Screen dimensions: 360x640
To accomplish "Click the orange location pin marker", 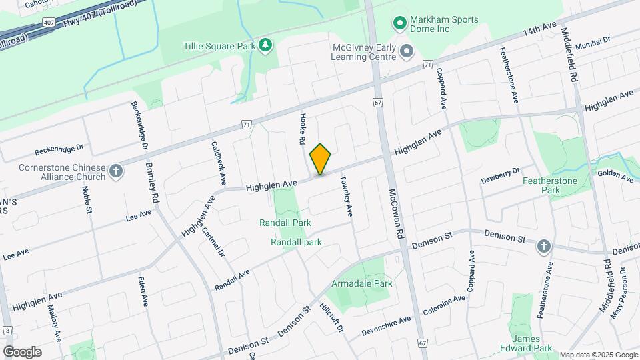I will point(321,159).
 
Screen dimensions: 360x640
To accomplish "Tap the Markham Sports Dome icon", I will point(400,25).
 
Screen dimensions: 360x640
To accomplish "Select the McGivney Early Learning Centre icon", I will point(406,51).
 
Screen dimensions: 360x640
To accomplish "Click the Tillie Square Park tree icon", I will point(266,45).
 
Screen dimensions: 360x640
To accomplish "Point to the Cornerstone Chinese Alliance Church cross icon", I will point(116,172).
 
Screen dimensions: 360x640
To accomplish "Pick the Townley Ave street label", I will point(347,196).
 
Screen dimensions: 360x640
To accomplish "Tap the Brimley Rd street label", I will point(154,183).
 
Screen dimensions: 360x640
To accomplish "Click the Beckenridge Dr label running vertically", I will point(138,125).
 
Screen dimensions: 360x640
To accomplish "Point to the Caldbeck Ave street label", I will point(218,162).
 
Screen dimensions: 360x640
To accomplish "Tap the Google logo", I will point(22,352).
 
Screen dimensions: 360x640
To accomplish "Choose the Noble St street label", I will point(87,199).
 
